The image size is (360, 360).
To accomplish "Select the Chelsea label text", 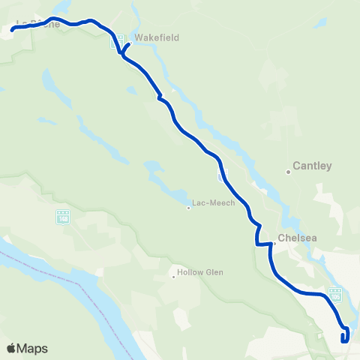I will [297, 238].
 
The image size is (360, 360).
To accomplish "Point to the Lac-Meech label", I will [214, 202].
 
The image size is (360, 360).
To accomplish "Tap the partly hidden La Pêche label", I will [34, 25].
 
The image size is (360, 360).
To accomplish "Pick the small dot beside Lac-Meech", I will [188, 208].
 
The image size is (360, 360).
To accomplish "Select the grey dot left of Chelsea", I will [274, 242].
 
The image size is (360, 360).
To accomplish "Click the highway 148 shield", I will [62, 217].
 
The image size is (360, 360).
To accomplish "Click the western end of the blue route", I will [13, 31].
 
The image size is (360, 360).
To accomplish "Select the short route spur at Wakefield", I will [127, 48].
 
